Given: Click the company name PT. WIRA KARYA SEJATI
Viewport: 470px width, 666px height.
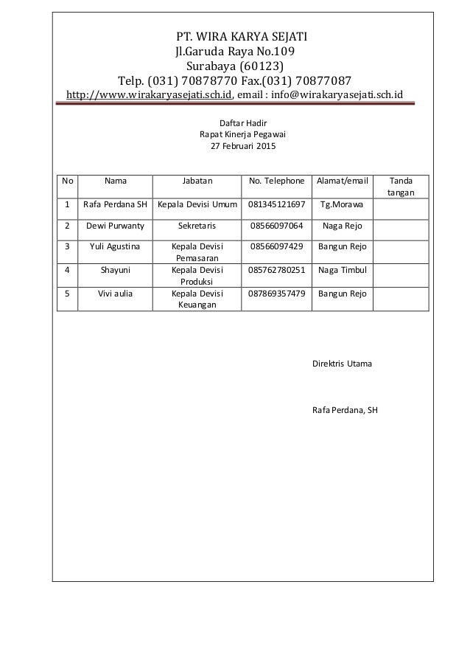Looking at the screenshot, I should (235, 36).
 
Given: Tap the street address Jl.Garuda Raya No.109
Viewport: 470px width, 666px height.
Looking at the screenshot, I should (235, 52).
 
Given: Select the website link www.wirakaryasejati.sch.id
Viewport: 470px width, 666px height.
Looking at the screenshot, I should (150, 95).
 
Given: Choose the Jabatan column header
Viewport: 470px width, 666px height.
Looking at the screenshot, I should (197, 179).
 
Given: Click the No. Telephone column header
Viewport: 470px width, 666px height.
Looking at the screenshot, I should (276, 179).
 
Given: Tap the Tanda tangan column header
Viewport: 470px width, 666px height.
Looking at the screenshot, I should (401, 185).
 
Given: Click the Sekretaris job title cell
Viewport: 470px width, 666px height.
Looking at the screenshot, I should (197, 226).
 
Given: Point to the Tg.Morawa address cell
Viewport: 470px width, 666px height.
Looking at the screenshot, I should (342, 204).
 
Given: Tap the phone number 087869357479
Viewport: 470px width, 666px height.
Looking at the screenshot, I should (276, 293).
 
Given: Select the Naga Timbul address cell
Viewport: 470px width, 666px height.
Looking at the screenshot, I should (342, 270).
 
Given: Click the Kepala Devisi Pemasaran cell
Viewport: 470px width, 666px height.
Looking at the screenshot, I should (197, 253).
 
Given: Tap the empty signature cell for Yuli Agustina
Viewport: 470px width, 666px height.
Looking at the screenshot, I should (401, 252).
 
